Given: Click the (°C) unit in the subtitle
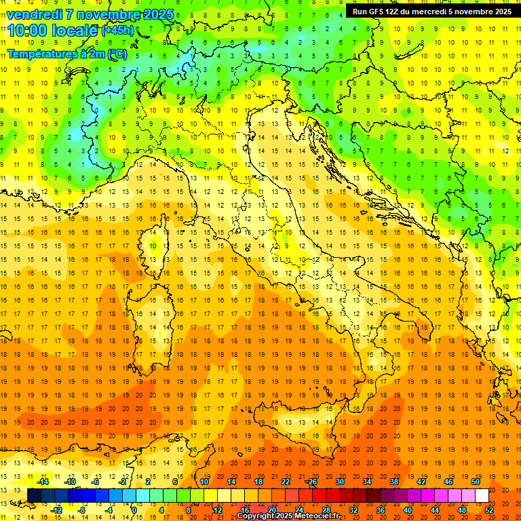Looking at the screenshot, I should coord(117,54).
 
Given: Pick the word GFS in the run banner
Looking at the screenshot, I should coord(374,12).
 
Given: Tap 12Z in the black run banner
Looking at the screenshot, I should coord(392,12).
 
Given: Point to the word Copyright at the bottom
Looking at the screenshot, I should coord(256,516).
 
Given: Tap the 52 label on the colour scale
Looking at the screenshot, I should coord(489,510).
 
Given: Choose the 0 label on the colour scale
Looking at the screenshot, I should coord(134,510).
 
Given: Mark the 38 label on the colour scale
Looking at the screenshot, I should coord(393,482).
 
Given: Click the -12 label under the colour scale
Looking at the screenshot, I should coord(57,510).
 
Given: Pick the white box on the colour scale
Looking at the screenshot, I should coord(482,496).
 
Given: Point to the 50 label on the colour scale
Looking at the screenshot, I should coord(475,482).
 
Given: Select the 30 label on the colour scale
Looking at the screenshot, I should coord(339,482).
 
